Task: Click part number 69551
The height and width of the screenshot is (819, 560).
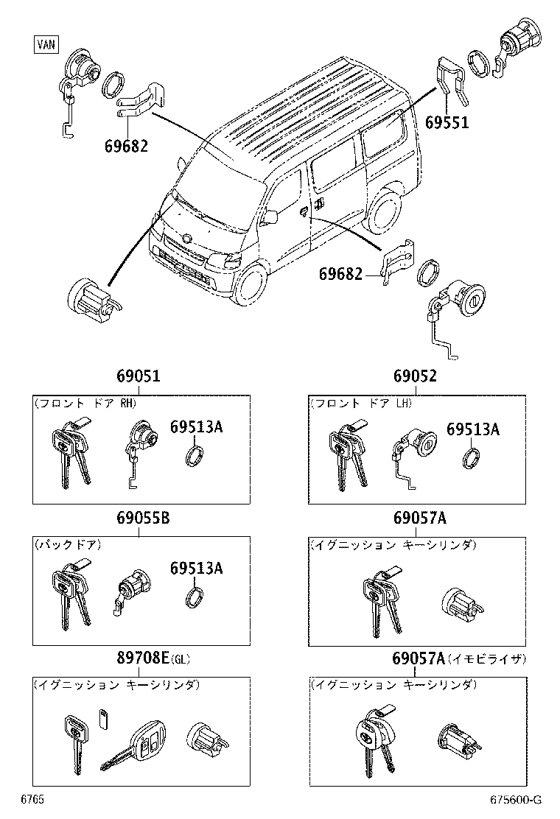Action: click(447, 124)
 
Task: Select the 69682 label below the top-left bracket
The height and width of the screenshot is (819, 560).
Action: click(126, 146)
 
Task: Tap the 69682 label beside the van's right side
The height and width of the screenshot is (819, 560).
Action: click(340, 274)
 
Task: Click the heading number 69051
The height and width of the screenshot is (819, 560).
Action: click(138, 376)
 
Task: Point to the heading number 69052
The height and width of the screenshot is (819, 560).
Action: click(415, 376)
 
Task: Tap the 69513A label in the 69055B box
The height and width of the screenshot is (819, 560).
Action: click(196, 568)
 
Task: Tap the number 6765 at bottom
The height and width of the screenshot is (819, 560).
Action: click(32, 799)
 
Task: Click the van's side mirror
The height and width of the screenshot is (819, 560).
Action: click(270, 216)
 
